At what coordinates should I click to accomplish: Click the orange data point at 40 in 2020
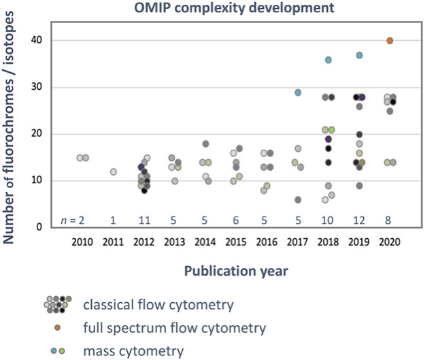click(390, 41)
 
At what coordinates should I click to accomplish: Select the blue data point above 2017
click(298, 93)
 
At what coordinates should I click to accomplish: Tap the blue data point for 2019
click(359, 55)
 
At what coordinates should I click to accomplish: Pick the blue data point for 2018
click(329, 60)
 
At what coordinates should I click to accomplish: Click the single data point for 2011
click(114, 172)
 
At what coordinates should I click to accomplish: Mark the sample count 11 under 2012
click(144, 219)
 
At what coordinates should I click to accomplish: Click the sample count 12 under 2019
click(359, 219)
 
